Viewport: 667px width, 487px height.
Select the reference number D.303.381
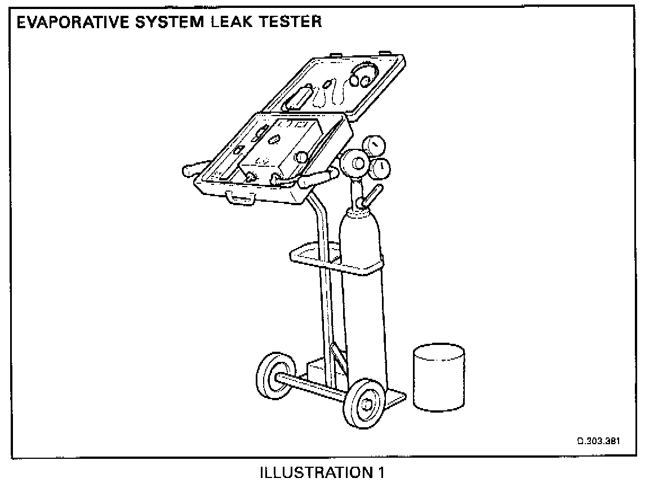pos(598,441)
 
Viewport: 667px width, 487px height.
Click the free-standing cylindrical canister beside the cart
pos(439,378)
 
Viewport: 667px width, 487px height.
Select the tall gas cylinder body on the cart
pos(363,299)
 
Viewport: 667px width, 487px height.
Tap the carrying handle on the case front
pos(241,198)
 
